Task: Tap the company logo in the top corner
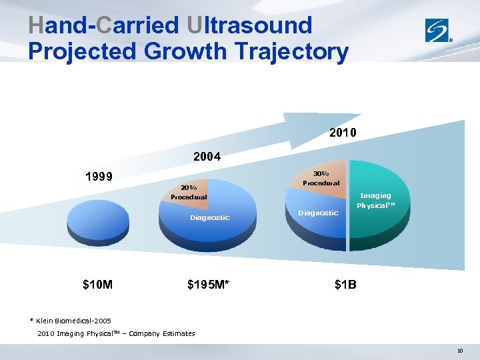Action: pyautogui.click(x=439, y=30)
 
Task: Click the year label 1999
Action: pyautogui.click(x=99, y=177)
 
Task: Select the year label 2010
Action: pyautogui.click(x=343, y=133)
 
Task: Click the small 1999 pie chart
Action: pyautogui.click(x=99, y=217)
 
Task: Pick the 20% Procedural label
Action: pyautogui.click(x=188, y=192)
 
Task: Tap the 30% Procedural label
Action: pyautogui.click(x=321, y=178)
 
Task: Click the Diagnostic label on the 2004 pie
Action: pyautogui.click(x=209, y=217)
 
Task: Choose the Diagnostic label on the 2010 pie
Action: pyautogui.click(x=318, y=213)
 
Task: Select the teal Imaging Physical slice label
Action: pyautogui.click(x=375, y=201)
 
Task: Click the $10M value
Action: pyautogui.click(x=97, y=285)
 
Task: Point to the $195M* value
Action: pyautogui.click(x=209, y=285)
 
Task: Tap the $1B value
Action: pyautogui.click(x=345, y=285)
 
